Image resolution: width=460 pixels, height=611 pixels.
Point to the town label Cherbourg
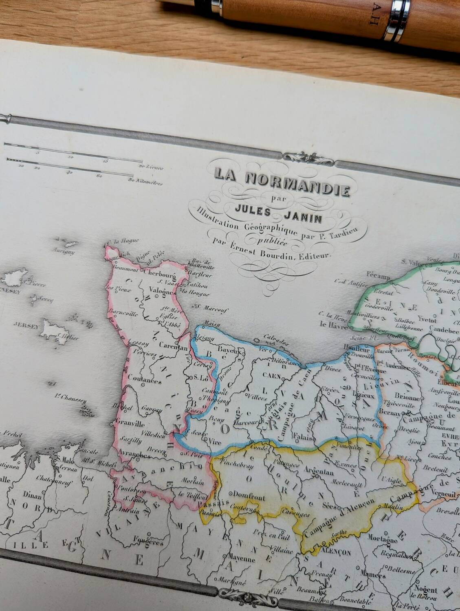click(159, 273)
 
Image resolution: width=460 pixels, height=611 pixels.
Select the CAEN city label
click(272, 376)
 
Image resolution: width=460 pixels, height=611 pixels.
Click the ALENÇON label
click(336, 553)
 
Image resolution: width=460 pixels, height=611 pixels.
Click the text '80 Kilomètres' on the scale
click(145, 183)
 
